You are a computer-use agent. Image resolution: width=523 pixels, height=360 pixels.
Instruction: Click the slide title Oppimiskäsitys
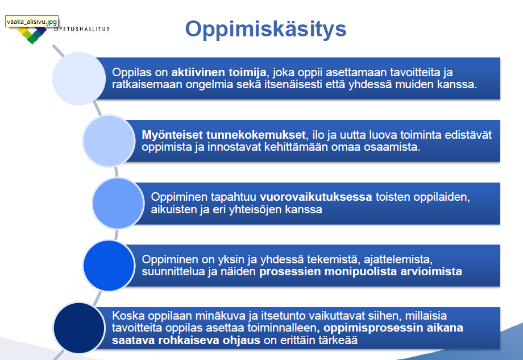point(266,30)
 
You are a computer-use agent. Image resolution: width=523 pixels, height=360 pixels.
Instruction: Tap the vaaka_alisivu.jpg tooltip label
point(32,22)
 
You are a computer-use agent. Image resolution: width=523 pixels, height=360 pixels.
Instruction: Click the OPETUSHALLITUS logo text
point(82,29)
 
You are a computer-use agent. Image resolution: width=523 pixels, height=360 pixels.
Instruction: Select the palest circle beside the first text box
point(78,78)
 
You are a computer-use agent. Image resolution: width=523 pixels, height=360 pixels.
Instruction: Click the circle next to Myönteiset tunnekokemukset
point(109,141)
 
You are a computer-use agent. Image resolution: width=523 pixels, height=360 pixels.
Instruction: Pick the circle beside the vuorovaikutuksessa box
point(118,203)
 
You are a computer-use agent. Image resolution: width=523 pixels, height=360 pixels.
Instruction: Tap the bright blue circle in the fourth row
point(109,266)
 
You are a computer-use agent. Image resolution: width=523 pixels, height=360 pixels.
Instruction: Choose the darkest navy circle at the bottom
point(78,328)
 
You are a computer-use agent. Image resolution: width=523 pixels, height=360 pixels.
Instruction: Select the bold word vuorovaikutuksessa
point(316,197)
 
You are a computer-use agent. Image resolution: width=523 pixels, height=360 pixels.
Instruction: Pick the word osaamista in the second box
point(392,147)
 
